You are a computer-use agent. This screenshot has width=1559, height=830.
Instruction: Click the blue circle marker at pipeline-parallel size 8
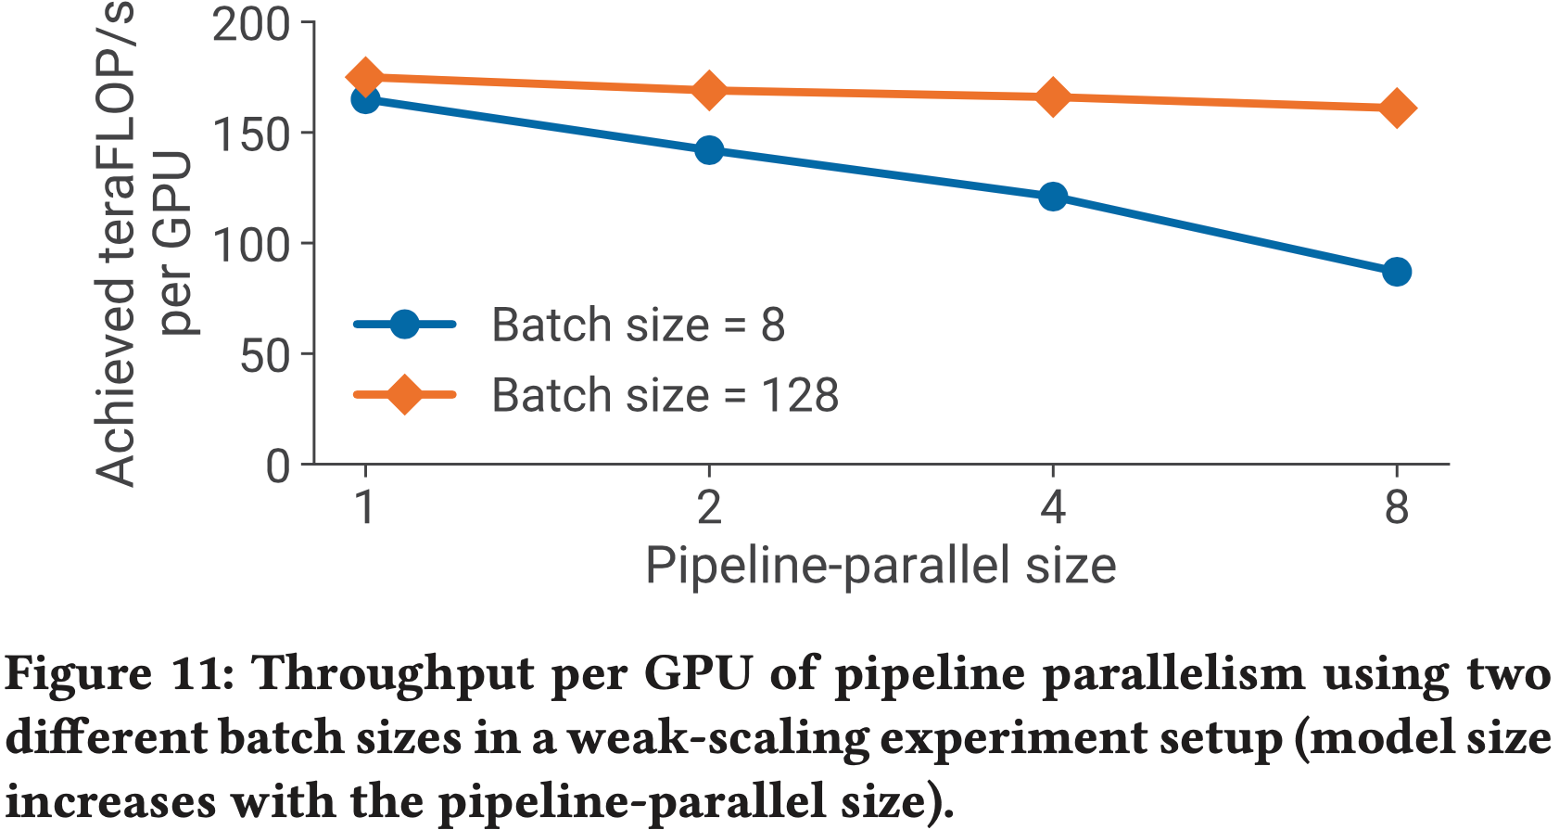[x=1396, y=272]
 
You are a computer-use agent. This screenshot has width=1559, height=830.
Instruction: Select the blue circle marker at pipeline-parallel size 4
[x=1052, y=197]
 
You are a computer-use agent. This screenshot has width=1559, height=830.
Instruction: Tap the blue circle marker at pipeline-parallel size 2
[x=709, y=150]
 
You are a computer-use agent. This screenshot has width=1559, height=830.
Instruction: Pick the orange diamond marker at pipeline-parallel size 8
[x=1396, y=109]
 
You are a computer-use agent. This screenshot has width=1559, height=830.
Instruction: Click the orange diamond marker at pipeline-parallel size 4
[x=1052, y=97]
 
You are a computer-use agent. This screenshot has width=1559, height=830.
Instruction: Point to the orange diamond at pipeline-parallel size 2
[x=709, y=91]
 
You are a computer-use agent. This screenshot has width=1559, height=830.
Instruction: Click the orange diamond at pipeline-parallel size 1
[x=365, y=77]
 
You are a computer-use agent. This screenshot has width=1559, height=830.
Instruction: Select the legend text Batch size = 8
[x=638, y=325]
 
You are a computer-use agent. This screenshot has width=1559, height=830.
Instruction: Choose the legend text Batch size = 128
[x=665, y=395]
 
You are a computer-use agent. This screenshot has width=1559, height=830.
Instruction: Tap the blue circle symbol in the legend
[x=404, y=325]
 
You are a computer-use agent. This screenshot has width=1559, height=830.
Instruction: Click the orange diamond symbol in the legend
[x=404, y=395]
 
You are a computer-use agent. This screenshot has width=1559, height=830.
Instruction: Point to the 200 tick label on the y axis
[x=250, y=25]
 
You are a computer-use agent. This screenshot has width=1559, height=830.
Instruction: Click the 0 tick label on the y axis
[x=278, y=466]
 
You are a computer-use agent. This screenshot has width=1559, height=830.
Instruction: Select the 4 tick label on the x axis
[x=1052, y=507]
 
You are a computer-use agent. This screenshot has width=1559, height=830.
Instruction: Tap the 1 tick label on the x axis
[x=365, y=507]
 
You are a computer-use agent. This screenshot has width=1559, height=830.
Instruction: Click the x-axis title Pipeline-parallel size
[x=880, y=565]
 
